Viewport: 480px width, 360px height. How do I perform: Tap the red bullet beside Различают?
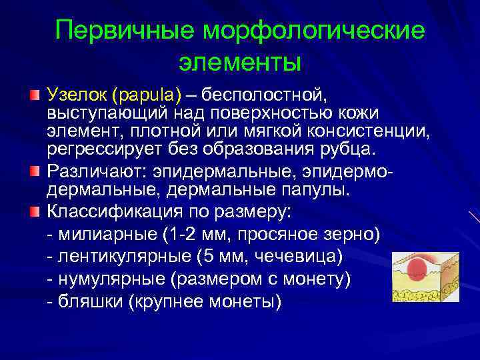pos(35,173)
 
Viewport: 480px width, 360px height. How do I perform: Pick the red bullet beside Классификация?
pos(35,212)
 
